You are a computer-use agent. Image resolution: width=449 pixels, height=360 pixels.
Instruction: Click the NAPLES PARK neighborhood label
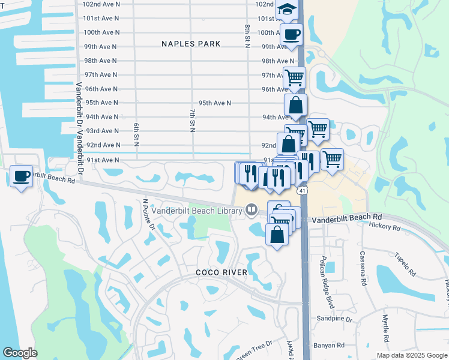[191, 44]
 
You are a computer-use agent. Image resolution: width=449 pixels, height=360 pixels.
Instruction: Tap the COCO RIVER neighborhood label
[221, 272]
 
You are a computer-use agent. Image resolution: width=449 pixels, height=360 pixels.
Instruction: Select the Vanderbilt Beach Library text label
[196, 210]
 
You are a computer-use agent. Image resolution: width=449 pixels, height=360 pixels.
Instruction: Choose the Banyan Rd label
[329, 345]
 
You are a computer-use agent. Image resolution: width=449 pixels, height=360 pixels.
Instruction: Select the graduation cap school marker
[288, 10]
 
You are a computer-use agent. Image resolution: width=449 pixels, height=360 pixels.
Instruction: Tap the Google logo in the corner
[20, 353]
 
